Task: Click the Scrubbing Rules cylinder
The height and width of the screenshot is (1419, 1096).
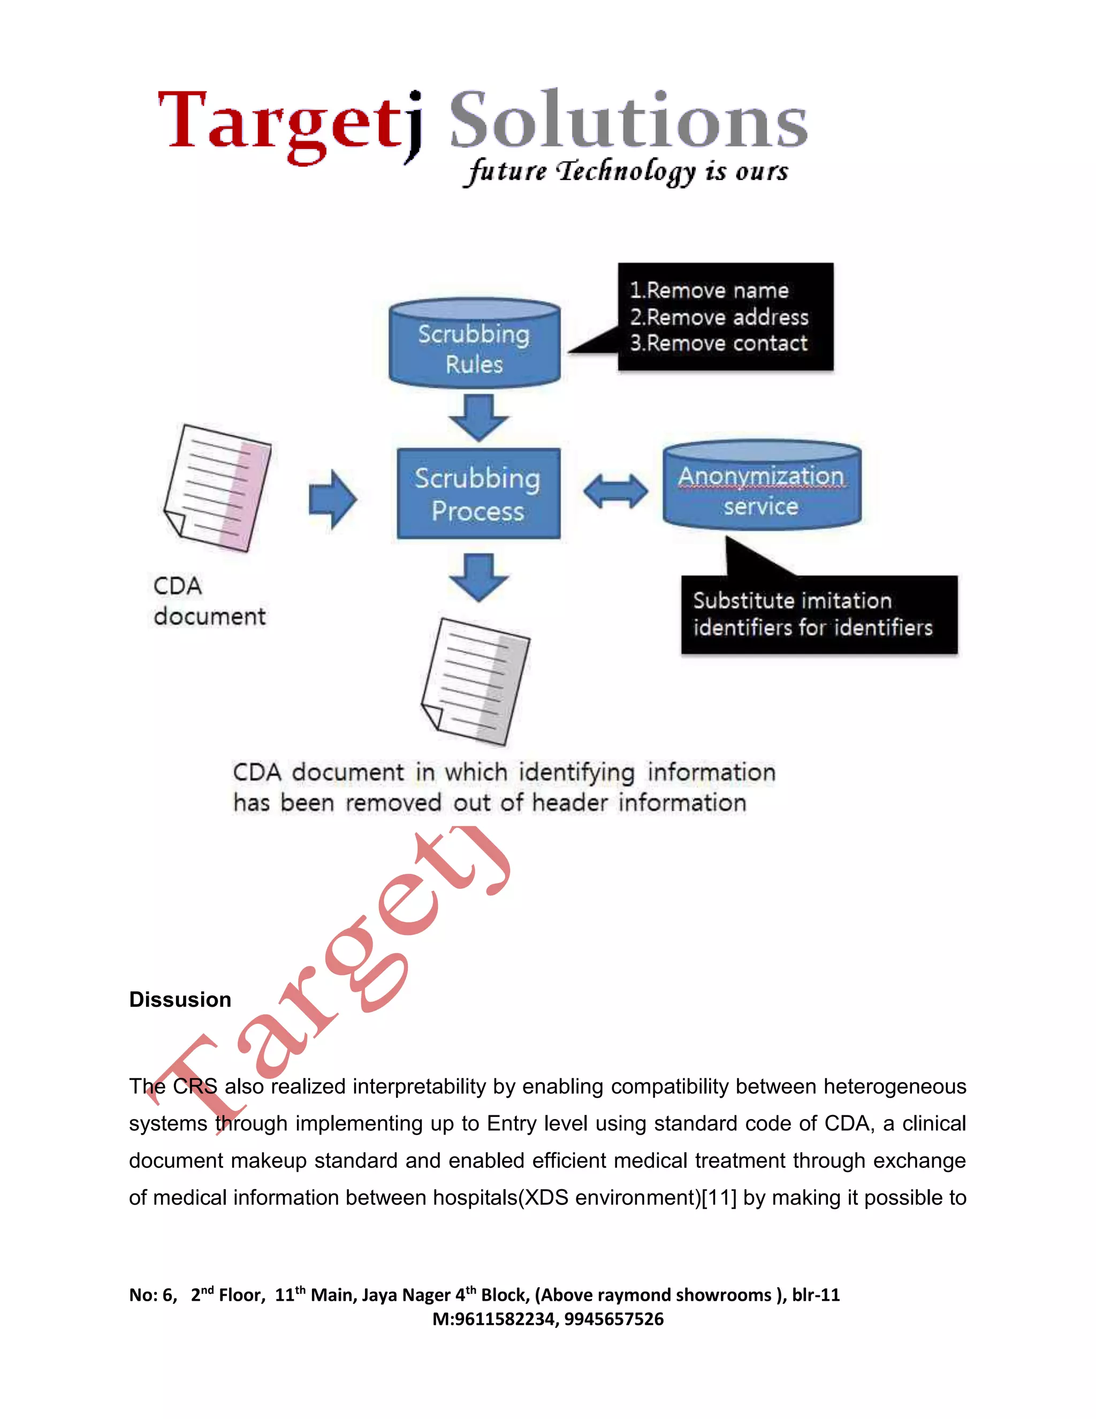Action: pyautogui.click(x=474, y=344)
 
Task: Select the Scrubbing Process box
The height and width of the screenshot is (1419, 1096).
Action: pyautogui.click(x=478, y=494)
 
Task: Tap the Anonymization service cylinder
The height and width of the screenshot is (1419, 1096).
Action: pyautogui.click(x=762, y=487)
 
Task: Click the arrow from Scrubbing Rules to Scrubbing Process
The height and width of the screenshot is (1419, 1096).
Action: pyautogui.click(x=478, y=417)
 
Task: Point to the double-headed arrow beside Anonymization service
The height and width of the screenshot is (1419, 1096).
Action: pyautogui.click(x=615, y=490)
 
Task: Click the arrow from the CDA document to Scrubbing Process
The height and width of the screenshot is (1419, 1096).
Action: pyautogui.click(x=332, y=499)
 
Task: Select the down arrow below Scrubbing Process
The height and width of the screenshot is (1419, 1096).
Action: pyautogui.click(x=478, y=576)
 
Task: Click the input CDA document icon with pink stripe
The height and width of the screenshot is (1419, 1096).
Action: pyautogui.click(x=217, y=488)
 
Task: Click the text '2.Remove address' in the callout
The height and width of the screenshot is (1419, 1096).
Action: pyautogui.click(x=719, y=317)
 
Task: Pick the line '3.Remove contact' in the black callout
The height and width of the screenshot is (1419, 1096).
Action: pyautogui.click(x=719, y=343)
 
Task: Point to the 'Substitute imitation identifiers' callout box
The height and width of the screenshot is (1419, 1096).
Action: pyautogui.click(x=818, y=614)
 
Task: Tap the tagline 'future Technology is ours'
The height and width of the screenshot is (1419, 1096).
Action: pyautogui.click(x=627, y=171)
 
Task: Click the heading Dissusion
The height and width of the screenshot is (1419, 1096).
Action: pyautogui.click(x=180, y=999)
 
